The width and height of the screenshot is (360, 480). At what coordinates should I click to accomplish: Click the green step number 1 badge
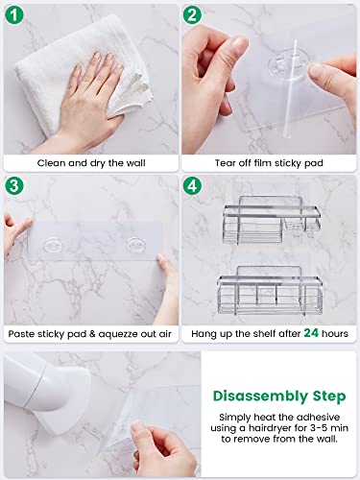(x=16, y=15)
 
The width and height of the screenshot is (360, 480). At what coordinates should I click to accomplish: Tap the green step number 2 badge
(x=194, y=15)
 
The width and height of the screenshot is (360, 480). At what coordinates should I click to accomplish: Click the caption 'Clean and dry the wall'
(x=90, y=163)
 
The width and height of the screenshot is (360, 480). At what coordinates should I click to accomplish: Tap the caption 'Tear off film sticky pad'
(x=269, y=163)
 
